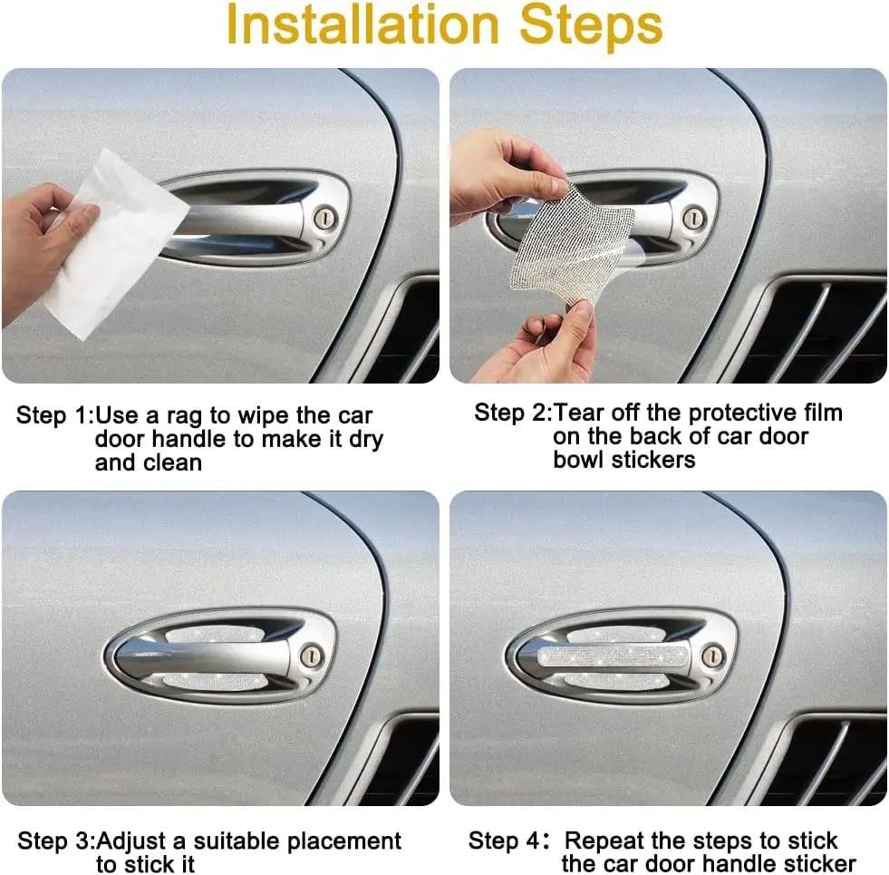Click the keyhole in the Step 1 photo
coord(326,217)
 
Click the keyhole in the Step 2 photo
coord(693,218)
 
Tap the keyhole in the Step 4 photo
coord(713,655)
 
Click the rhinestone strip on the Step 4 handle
coord(606,655)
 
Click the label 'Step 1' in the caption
coord(53,416)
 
